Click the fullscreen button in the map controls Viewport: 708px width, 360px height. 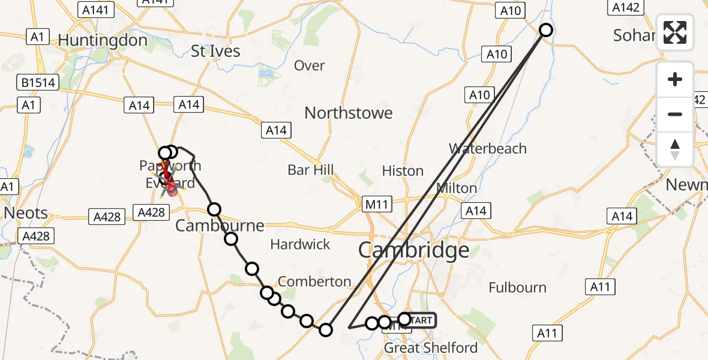675,32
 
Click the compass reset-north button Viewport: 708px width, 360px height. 675,149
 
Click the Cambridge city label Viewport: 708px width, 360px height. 413,250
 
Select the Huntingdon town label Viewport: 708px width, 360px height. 103,40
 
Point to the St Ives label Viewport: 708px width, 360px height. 215,51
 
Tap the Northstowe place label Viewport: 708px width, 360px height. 349,113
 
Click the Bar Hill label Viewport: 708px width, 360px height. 311,170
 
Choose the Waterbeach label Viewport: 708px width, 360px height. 488,148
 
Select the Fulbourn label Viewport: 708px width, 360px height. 517,287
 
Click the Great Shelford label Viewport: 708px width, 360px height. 430,347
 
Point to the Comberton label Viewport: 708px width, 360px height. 314,281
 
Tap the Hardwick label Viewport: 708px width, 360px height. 300,244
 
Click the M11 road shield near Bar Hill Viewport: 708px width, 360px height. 377,205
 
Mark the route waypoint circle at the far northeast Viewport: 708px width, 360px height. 546,30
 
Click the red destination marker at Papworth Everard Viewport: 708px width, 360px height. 172,190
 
